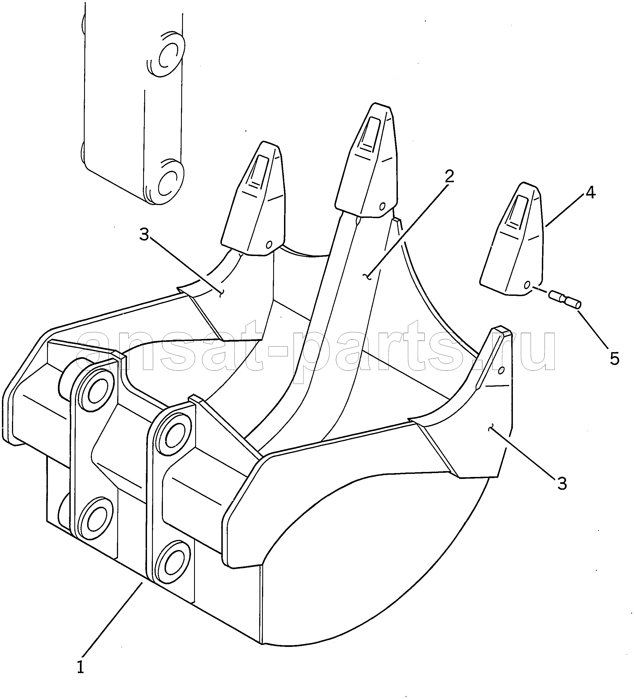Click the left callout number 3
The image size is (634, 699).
(x=144, y=235)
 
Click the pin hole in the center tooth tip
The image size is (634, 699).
(x=382, y=206)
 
